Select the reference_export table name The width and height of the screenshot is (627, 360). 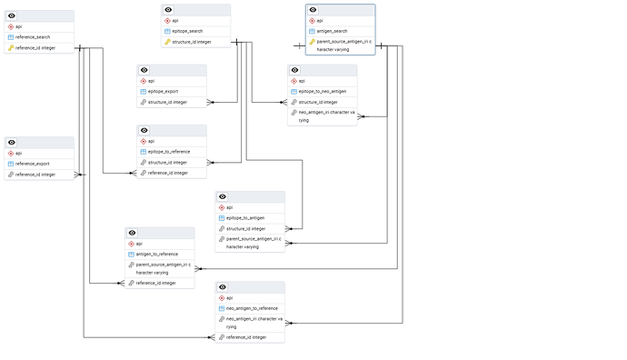(x=33, y=164)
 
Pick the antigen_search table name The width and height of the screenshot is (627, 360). (x=333, y=31)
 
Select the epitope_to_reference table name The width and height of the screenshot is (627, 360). (x=168, y=151)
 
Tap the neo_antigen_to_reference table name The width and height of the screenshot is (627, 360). (x=252, y=308)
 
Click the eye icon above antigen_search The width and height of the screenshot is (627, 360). (x=313, y=9)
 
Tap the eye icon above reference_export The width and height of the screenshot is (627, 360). (x=14, y=142)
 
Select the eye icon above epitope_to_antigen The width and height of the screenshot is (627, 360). (x=224, y=196)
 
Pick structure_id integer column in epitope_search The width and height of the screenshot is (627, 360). (x=192, y=42)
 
